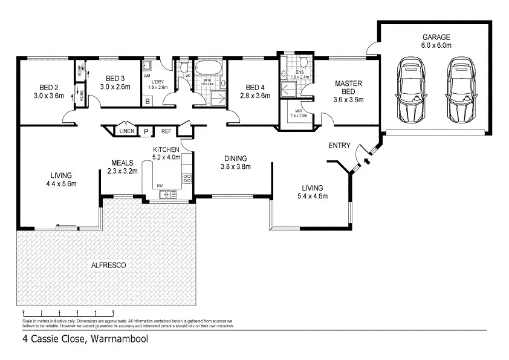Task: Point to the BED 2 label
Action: point(48,91)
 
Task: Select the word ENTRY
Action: point(339,145)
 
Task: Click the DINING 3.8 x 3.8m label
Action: point(235,162)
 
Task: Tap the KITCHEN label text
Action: point(166,149)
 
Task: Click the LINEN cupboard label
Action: point(126,131)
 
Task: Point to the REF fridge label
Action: point(166,131)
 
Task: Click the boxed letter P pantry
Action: point(146,131)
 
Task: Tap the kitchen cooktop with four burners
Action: point(187,178)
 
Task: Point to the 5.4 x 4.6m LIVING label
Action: point(312,192)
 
